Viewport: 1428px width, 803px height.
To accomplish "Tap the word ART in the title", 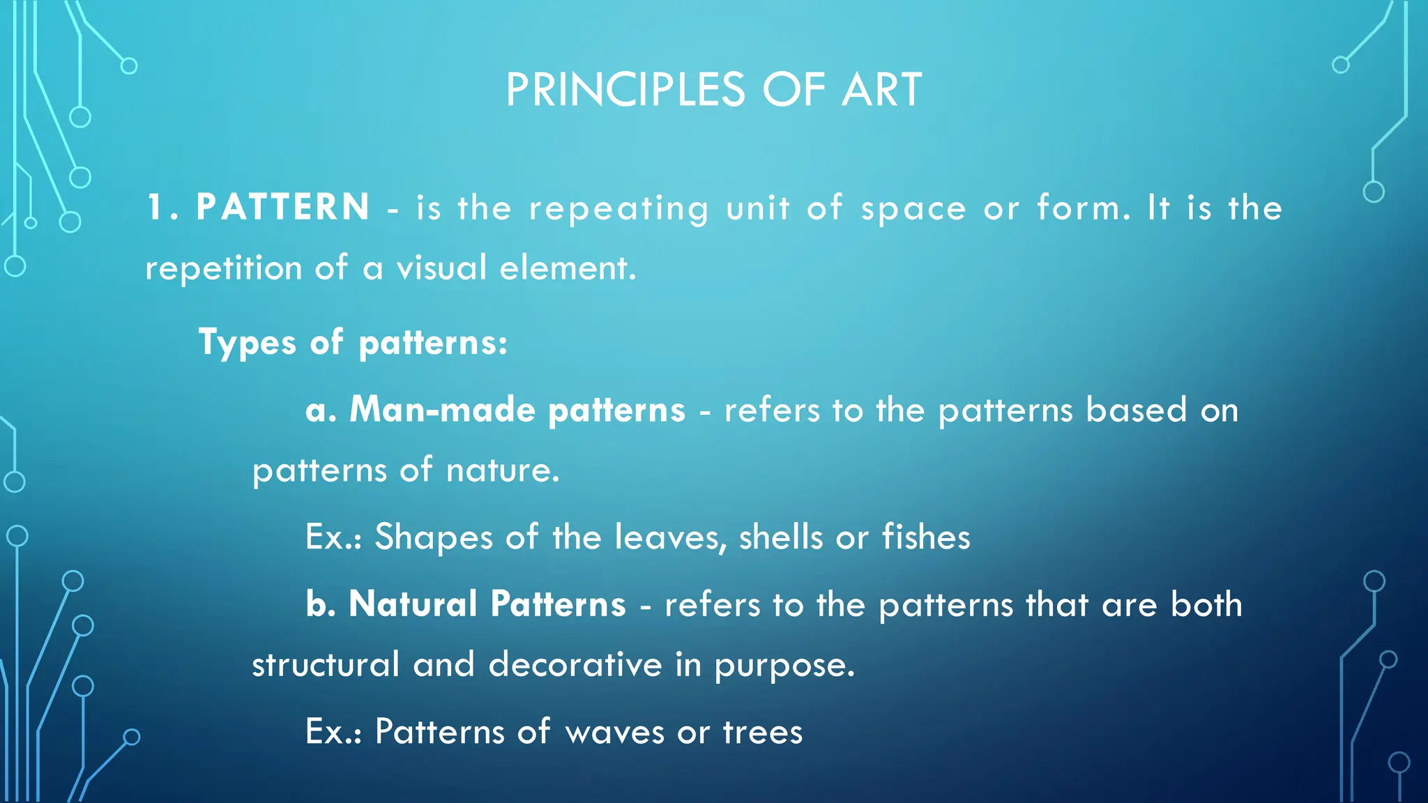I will (881, 91).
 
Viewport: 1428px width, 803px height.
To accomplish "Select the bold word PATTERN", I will (282, 208).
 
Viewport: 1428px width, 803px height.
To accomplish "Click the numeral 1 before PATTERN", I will (155, 208).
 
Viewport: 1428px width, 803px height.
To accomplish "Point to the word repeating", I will (618, 209).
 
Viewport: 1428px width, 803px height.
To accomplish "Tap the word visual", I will (441, 268).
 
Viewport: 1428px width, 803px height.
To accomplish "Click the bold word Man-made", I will (442, 410).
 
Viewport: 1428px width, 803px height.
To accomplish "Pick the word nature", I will (502, 471).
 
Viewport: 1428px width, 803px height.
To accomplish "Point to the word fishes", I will (925, 537).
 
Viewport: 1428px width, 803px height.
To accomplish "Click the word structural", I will (326, 664).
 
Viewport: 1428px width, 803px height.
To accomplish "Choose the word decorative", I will (575, 664).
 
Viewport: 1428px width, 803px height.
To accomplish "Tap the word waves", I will (614, 733).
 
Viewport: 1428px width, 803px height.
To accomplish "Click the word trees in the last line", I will (763, 733).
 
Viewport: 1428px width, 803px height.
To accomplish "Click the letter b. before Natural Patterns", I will (321, 604).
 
